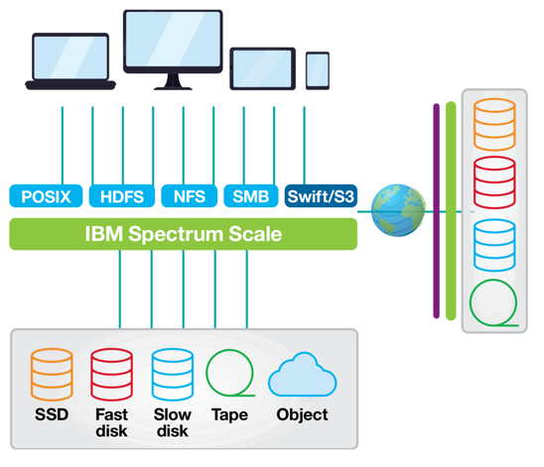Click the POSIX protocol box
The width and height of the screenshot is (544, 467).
click(46, 196)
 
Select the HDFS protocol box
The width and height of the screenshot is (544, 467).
click(122, 196)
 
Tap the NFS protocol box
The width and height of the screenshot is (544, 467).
click(189, 196)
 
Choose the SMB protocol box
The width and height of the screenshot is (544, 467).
click(251, 196)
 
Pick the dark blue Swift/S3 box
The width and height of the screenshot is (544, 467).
click(321, 196)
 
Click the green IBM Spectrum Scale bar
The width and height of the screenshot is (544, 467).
click(184, 234)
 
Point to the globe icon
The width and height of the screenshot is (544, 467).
click(398, 210)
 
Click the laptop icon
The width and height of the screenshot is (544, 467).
click(70, 61)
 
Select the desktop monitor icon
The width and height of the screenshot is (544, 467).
click(173, 50)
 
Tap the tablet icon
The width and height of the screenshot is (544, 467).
click(263, 68)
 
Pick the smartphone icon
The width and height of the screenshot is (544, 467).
click(318, 70)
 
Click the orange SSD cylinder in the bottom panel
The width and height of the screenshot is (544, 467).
click(52, 375)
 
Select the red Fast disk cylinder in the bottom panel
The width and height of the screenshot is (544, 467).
click(112, 375)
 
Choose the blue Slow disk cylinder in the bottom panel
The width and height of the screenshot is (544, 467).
click(173, 375)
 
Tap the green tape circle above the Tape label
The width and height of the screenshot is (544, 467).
click(206, 373)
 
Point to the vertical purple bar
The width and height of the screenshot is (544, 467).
click(437, 210)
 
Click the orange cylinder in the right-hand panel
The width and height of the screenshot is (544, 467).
click(494, 124)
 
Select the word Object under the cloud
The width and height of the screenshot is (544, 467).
click(302, 414)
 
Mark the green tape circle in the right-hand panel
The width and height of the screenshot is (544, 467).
click(471, 302)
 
